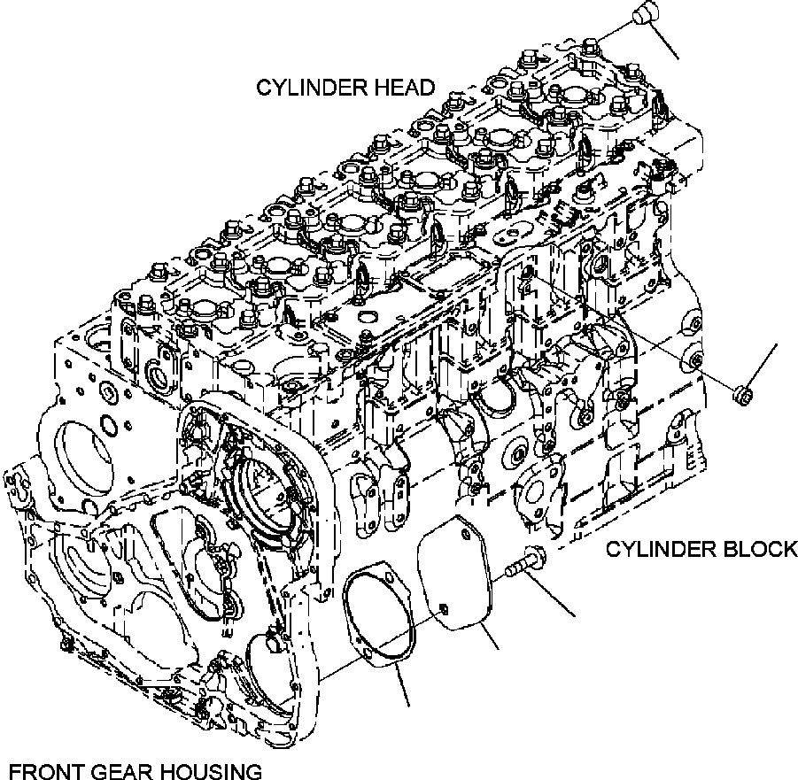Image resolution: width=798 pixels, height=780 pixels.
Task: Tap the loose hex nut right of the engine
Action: pos(743,392)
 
